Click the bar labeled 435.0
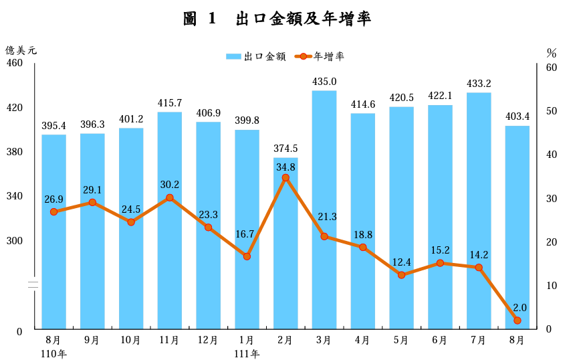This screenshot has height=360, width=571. tap(324, 207)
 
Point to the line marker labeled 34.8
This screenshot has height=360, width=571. tap(285, 178)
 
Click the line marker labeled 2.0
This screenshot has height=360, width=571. tap(518, 321)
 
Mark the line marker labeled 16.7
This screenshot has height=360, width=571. tap(247, 256)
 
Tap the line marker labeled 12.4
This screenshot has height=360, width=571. tap(401, 275)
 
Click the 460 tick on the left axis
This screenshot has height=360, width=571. tap(15, 63)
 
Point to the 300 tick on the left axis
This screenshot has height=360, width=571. tap(15, 240)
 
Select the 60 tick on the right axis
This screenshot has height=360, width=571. tap(552, 68)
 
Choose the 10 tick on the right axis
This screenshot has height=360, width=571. tap(552, 286)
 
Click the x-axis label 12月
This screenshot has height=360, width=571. tap(208, 340)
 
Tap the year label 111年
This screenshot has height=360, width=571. tap(247, 353)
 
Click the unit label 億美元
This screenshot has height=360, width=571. tap(21, 50)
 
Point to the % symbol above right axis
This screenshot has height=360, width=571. tap(552, 52)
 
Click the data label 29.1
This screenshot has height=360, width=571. tap(92, 190)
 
